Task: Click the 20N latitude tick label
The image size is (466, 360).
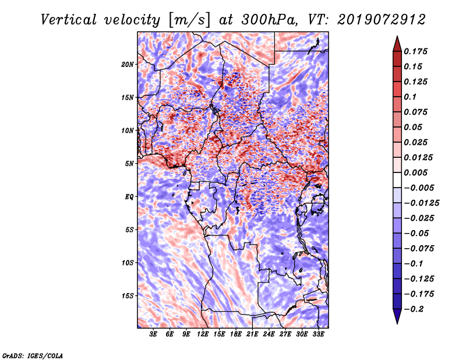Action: [x=128, y=64]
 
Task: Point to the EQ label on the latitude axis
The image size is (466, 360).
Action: [x=129, y=197]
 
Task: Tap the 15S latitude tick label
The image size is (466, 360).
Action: [x=128, y=296]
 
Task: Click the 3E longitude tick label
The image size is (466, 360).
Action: [x=154, y=334]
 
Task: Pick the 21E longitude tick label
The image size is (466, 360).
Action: [x=253, y=334]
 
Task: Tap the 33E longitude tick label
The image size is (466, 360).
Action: [x=319, y=334]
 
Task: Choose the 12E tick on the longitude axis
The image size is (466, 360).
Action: [x=203, y=334]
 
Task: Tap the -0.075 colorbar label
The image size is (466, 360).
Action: [x=421, y=248]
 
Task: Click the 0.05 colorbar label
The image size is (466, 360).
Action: [x=414, y=127]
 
